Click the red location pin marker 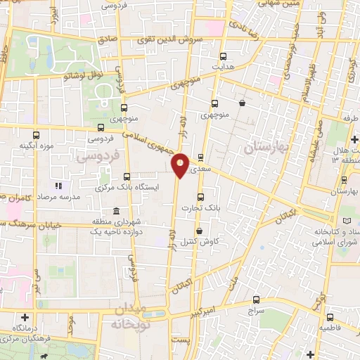(x=181, y=164)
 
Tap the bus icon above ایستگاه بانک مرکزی (x=127, y=176)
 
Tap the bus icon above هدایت (x=224, y=56)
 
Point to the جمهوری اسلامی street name (x=150, y=141)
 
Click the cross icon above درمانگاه (x=25, y=317)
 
